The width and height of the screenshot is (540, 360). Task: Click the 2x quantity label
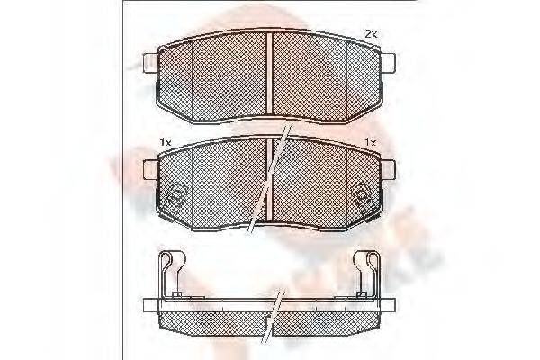[x=370, y=33]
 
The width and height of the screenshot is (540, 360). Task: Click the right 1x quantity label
[x=370, y=142]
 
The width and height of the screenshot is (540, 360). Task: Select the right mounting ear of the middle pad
[x=391, y=166]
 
